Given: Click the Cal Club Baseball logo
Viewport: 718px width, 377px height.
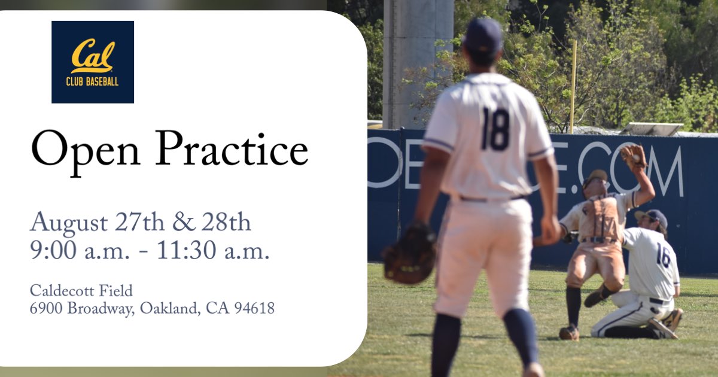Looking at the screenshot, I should tap(93, 62).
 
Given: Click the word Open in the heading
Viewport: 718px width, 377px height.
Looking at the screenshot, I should tap(83, 149).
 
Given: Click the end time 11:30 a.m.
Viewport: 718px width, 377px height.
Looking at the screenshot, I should tap(213, 251).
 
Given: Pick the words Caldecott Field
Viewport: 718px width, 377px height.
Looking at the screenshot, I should tap(81, 291).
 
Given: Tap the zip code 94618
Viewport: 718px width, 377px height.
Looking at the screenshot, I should tap(254, 309).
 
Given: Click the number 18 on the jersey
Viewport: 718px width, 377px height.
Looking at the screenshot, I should tap(495, 129).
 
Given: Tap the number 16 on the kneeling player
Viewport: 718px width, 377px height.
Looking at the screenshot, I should tap(664, 254).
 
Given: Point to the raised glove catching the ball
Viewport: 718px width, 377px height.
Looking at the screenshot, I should tap(634, 156).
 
